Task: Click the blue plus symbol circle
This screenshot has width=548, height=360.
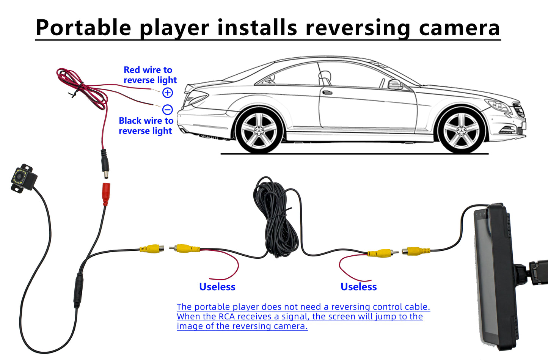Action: pos(168,93)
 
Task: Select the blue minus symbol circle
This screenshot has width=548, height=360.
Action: pos(168,110)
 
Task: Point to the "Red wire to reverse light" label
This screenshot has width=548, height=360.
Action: pos(150,75)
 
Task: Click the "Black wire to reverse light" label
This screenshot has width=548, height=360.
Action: pos(146,126)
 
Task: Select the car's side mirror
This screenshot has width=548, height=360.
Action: pos(395,84)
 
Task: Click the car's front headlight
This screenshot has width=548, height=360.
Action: pos(498,105)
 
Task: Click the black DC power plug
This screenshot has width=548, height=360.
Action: pos(104,163)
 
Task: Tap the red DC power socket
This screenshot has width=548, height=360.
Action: pos(106,193)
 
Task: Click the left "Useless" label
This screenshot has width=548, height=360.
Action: pos(217,287)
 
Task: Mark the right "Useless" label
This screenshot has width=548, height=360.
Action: pos(358,287)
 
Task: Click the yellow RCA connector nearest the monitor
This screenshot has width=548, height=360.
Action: pos(416,251)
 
